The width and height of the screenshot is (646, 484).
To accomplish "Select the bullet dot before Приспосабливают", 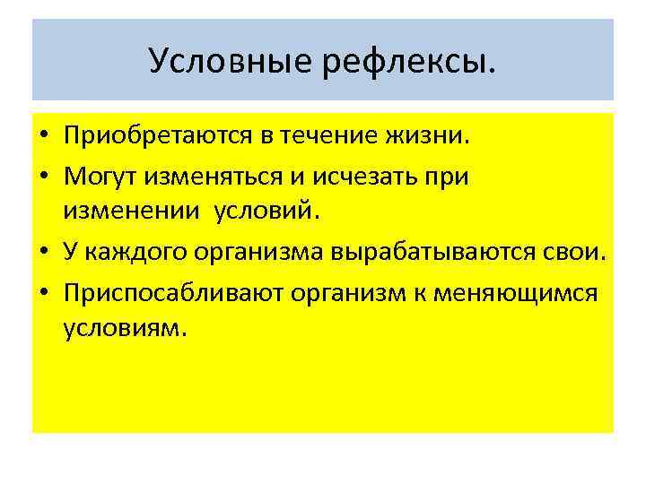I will pyautogui.click(x=44, y=293).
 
